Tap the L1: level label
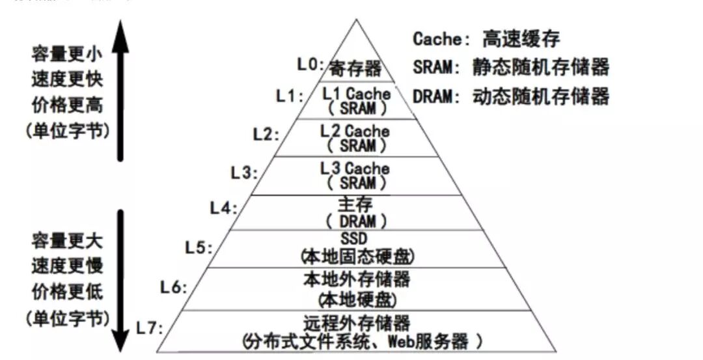pyautogui.click(x=288, y=96)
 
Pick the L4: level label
pyautogui.click(x=223, y=208)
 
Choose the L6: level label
pyautogui.click(x=174, y=286)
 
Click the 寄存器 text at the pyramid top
pyautogui.click(x=355, y=68)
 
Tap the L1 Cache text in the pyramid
pyautogui.click(x=356, y=93)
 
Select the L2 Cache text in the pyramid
pyautogui.click(x=355, y=131)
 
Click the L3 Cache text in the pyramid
pyautogui.click(x=355, y=168)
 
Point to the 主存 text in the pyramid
pyautogui.click(x=355, y=204)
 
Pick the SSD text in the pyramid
pyautogui.click(x=355, y=239)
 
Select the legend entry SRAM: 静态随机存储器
pyautogui.click(x=511, y=66)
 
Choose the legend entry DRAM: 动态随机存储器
pyautogui.click(x=511, y=97)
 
